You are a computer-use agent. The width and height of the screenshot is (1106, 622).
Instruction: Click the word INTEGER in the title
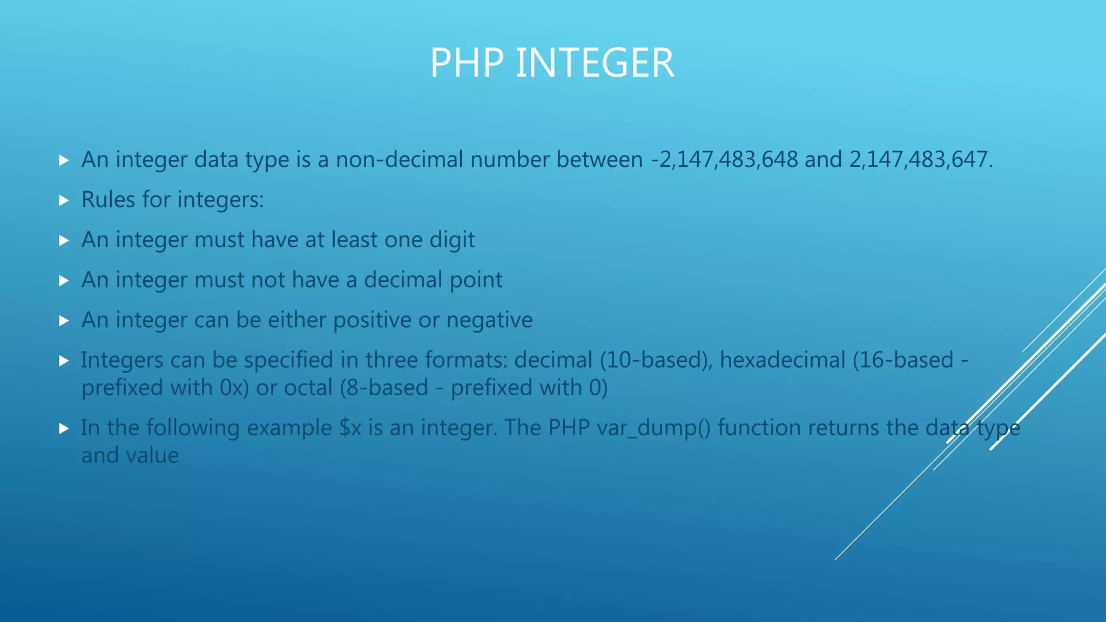pos(595,63)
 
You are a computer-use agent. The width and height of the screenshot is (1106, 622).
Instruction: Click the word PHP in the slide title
pos(467,63)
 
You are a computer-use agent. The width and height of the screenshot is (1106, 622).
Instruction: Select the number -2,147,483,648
pos(724,160)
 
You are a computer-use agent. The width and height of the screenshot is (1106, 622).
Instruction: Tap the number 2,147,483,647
pos(918,160)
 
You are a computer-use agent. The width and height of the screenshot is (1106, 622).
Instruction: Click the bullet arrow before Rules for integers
pos(64,201)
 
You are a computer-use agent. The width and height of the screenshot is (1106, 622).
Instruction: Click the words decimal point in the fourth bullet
pos(433,280)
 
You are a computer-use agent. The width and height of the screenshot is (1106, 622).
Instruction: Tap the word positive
pos(372,320)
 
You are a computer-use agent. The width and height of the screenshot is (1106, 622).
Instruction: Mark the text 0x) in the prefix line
pos(234,388)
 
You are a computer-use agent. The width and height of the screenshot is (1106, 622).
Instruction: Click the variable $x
pos(350,428)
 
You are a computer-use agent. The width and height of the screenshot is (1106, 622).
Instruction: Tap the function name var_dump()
pos(653,428)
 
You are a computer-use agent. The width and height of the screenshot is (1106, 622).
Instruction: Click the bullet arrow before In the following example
pos(64,429)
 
